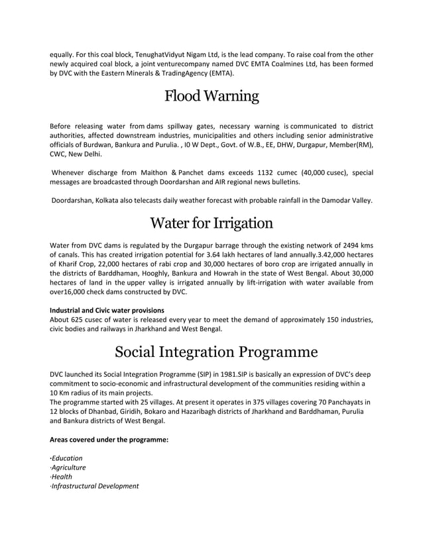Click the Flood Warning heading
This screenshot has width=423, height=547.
(x=211, y=97)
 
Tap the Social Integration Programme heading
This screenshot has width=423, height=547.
(x=211, y=350)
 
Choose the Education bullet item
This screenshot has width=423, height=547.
(x=67, y=458)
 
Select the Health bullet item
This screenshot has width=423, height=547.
(x=62, y=476)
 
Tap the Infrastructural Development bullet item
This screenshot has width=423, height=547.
(x=95, y=485)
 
